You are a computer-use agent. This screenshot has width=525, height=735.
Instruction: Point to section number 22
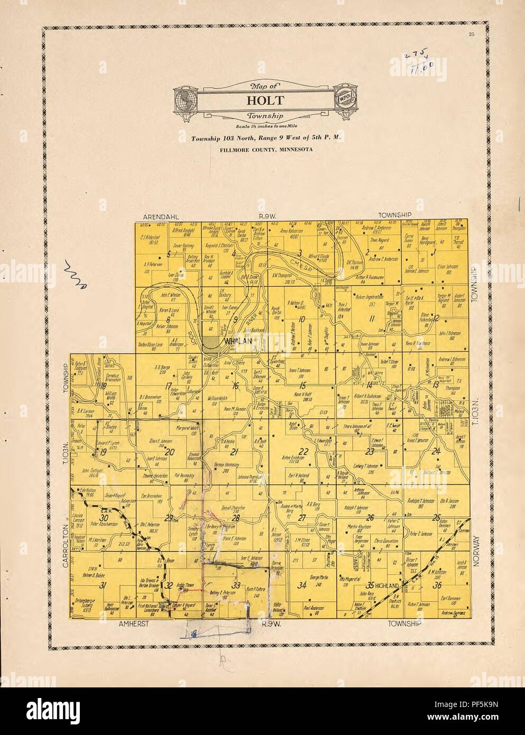coord(303,451)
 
